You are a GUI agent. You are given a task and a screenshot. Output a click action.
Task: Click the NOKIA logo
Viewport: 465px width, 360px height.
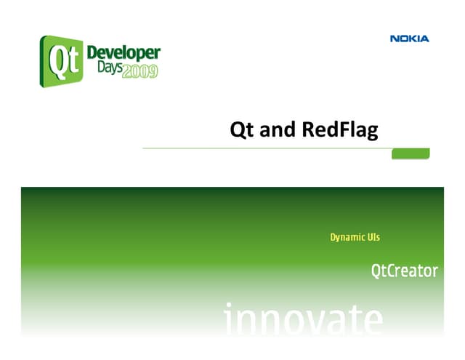409,39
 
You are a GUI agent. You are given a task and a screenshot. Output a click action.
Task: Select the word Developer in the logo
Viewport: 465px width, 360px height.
124,54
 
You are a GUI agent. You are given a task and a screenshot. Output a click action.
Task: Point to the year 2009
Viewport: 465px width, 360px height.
139,73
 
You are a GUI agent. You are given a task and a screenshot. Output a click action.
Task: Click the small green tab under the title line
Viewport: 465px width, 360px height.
411,153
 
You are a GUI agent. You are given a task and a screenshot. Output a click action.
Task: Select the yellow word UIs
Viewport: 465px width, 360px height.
373,237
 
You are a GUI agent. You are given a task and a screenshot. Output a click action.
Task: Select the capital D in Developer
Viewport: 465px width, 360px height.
93,53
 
